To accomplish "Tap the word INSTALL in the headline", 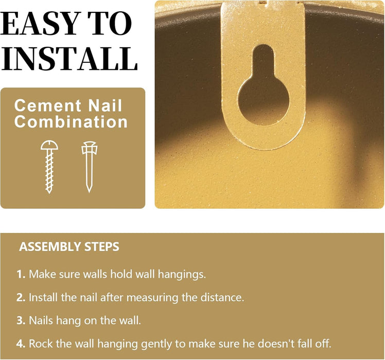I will tap(70, 59).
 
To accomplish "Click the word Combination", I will tap(71, 122).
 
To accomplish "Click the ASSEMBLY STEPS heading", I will tap(69, 247).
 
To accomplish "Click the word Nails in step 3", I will tap(41, 321).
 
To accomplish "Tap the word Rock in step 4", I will tap(40, 344).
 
